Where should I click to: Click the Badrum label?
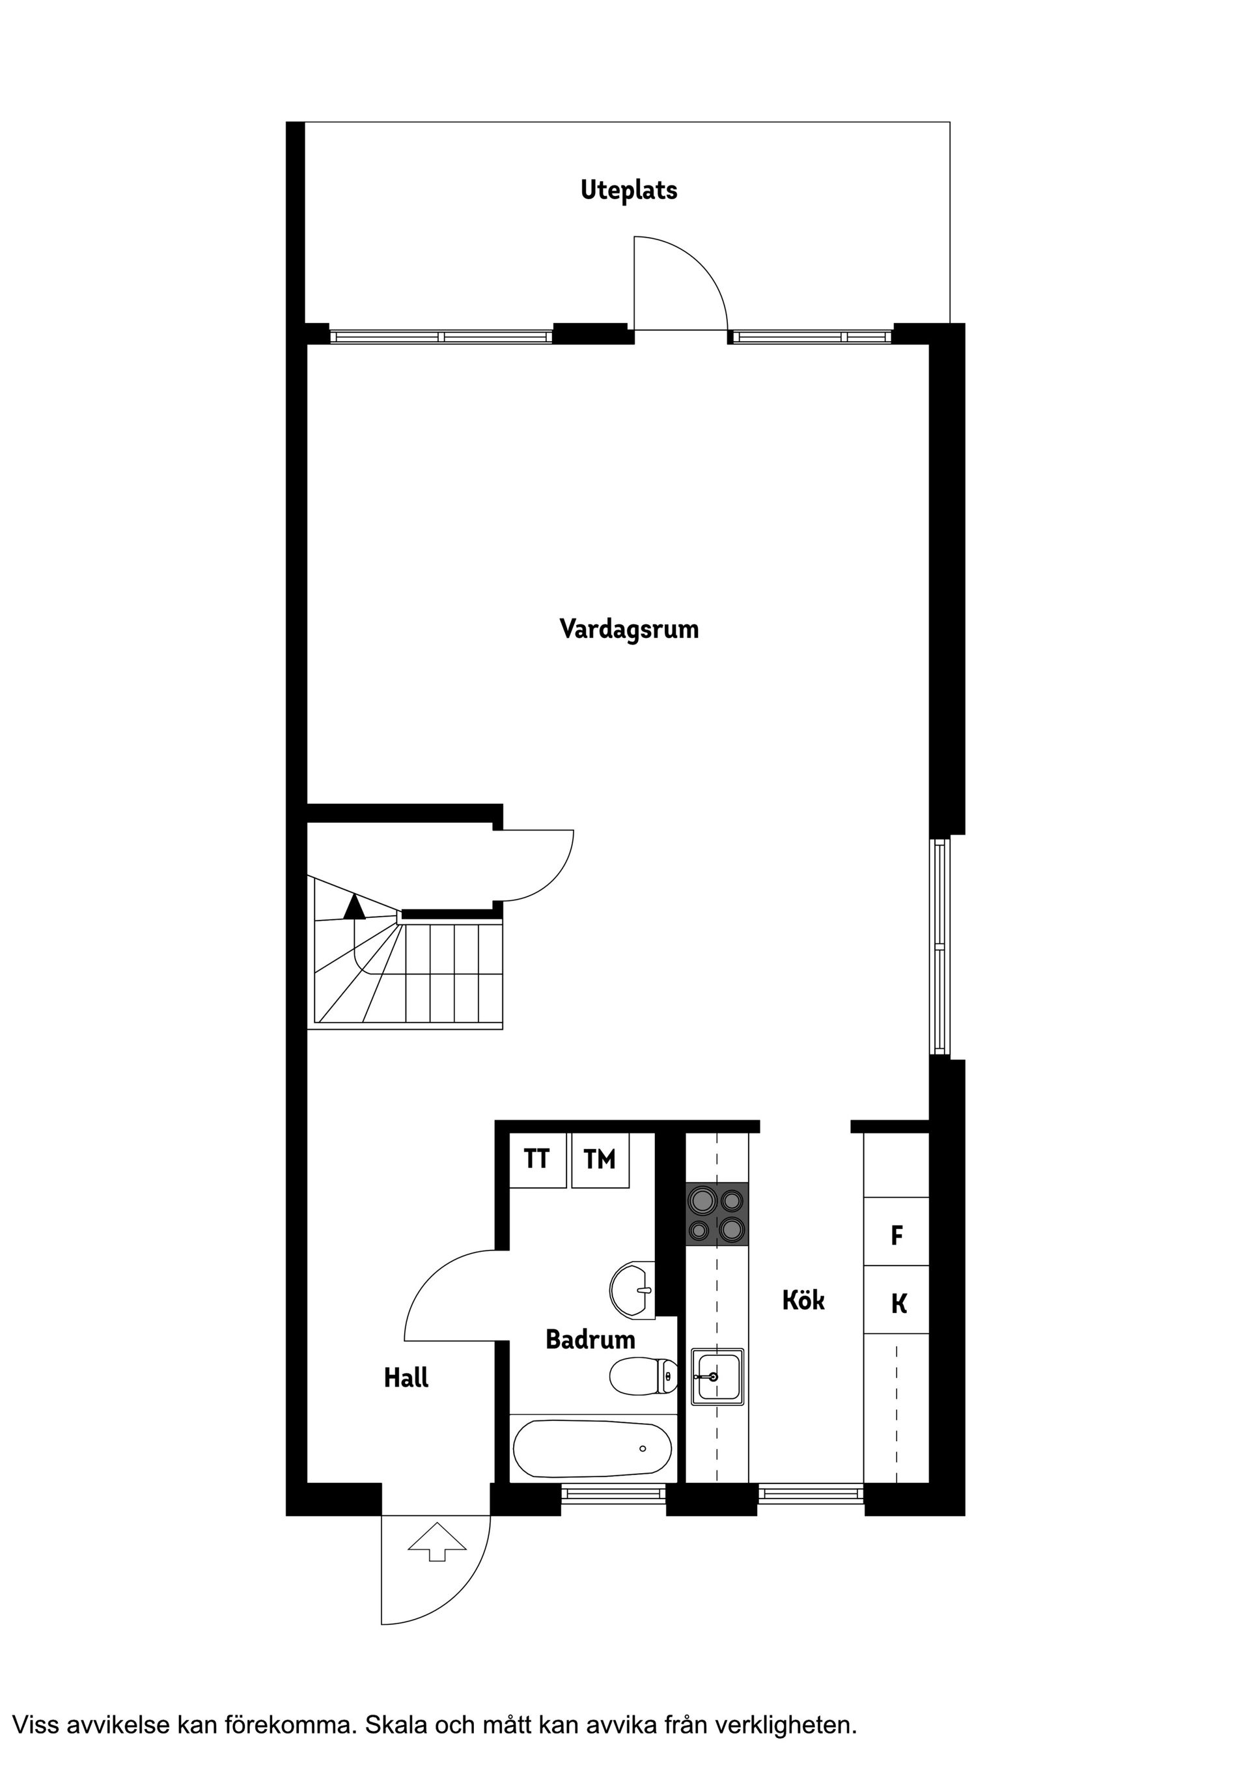[590, 1339]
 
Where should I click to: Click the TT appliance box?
[537, 1159]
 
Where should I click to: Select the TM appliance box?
[600, 1159]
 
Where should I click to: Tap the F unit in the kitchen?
[896, 1236]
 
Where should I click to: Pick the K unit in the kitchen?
[898, 1304]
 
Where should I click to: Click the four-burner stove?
[717, 1214]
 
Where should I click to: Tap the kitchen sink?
[717, 1376]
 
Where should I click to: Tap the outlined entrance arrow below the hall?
[437, 1541]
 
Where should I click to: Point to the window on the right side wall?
[939, 946]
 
